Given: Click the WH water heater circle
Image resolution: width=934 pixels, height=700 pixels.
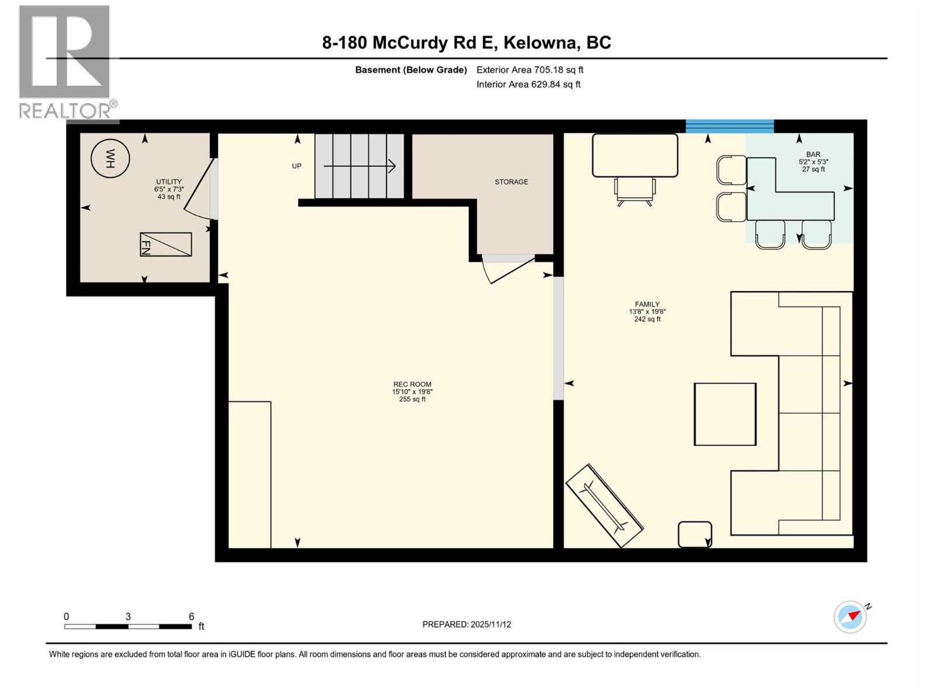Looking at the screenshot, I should click(110, 158).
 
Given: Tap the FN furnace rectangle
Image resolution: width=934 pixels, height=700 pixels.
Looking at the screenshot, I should click(166, 244).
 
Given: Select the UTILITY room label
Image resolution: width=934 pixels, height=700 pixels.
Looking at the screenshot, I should click(169, 182).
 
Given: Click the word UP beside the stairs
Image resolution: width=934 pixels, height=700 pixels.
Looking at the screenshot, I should click(297, 166).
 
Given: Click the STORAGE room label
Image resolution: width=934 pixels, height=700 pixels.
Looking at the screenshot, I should click(511, 182).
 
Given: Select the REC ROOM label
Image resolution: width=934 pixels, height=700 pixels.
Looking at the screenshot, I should click(412, 384).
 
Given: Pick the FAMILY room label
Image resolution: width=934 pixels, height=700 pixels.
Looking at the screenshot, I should click(647, 304).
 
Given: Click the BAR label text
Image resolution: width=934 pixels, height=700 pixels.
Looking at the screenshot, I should click(813, 155).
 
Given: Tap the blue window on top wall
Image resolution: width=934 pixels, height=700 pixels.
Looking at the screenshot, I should click(730, 126).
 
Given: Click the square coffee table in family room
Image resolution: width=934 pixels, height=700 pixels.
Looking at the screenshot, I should click(725, 414).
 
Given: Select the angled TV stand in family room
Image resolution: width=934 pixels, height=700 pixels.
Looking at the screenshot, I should click(605, 505).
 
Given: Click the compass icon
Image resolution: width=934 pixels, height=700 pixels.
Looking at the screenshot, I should click(851, 617).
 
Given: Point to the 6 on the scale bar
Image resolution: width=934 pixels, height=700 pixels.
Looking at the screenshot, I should click(191, 617).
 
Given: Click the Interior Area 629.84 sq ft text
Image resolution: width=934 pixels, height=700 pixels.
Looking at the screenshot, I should click(528, 84).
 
